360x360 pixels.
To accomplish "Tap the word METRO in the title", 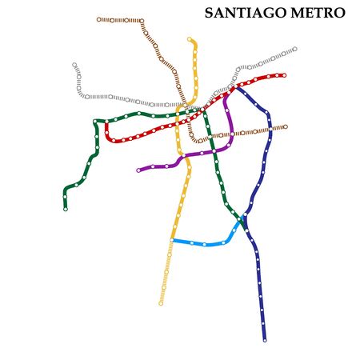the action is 319,14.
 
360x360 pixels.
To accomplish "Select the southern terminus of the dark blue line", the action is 264,340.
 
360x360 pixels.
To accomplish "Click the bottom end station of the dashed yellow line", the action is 161,303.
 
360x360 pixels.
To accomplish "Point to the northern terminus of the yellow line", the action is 190,38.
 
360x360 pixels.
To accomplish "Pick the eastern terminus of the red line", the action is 284,75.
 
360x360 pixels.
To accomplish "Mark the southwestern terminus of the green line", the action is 66,209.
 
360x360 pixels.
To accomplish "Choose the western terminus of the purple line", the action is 138,170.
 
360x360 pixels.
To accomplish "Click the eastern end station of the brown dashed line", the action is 285,126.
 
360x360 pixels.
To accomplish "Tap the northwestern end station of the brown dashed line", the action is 98,19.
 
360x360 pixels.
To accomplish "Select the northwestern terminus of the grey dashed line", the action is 74,65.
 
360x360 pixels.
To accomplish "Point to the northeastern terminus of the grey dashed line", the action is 294,49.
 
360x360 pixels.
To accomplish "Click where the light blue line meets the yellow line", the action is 172,239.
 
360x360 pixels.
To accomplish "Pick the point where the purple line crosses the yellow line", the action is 182,154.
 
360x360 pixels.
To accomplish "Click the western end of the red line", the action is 106,125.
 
